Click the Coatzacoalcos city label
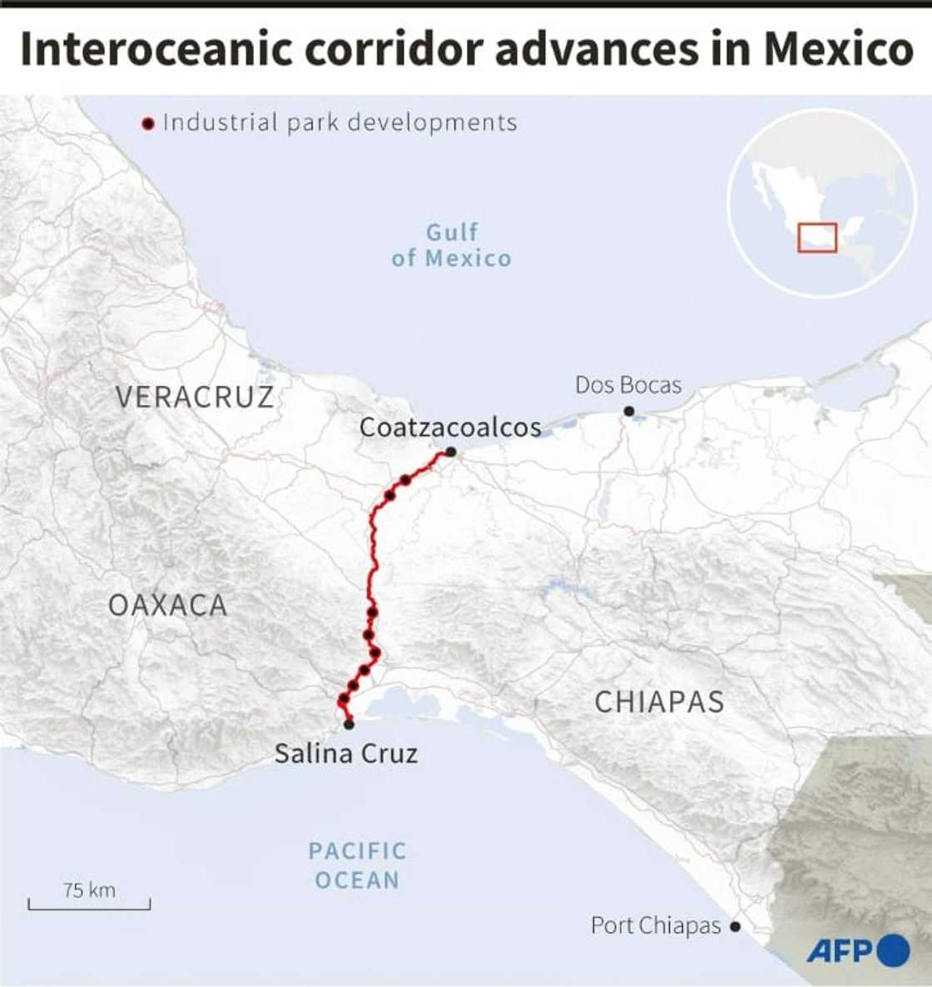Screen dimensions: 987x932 [x=450, y=427]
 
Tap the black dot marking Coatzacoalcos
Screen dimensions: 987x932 [x=450, y=452]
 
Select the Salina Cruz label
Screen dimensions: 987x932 [x=346, y=753]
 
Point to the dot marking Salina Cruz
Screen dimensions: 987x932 [x=349, y=725]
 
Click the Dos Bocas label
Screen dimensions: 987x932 [x=628, y=384]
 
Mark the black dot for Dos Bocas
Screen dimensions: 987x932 [x=629, y=410]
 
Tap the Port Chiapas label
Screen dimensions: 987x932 [x=656, y=925]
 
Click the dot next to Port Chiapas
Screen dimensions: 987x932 [x=736, y=926]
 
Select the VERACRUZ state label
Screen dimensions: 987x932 [x=195, y=397]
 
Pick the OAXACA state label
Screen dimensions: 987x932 [x=168, y=605]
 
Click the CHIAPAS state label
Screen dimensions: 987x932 [x=659, y=702]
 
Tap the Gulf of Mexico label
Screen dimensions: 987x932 [x=452, y=246]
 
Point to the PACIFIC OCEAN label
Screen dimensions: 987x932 [x=357, y=865]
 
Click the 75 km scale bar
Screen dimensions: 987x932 [x=89, y=904]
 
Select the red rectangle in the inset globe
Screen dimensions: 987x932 [x=817, y=238]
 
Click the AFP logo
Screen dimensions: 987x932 [x=857, y=950]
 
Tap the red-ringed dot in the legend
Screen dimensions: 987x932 [x=149, y=124]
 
